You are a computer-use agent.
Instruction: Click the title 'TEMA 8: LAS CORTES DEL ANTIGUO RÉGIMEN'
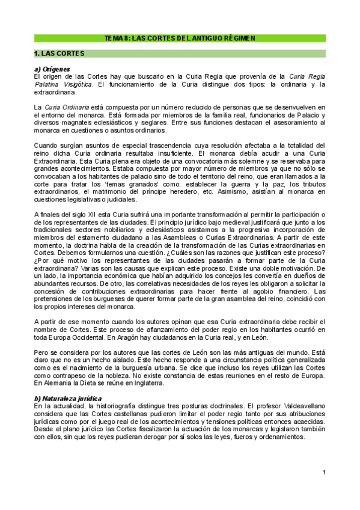click(x=180, y=38)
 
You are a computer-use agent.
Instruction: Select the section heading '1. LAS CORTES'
click(x=58, y=53)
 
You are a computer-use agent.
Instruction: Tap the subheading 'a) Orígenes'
click(x=53, y=69)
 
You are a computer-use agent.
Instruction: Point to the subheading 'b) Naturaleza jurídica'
click(x=68, y=398)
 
